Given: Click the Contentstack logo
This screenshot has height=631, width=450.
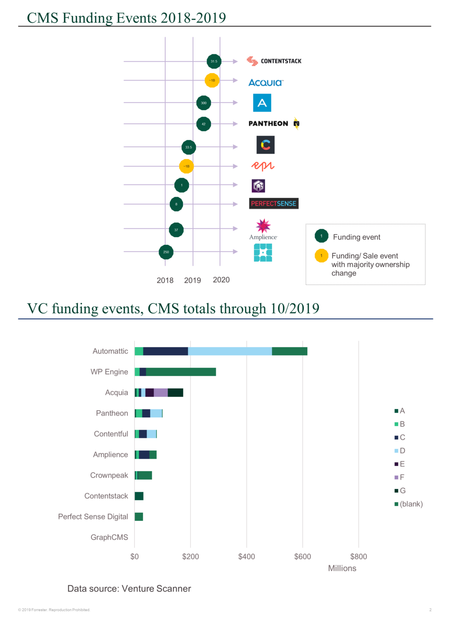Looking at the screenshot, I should [274, 61].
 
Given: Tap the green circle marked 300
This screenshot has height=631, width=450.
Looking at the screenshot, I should [203, 103].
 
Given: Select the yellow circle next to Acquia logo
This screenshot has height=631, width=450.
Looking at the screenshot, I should [212, 80].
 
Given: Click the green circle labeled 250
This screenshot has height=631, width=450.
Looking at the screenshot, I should [166, 252].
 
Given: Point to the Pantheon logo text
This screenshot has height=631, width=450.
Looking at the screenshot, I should [268, 124].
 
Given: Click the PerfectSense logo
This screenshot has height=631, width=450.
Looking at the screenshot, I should [274, 204].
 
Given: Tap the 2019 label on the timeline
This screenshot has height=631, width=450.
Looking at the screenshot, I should [192, 280].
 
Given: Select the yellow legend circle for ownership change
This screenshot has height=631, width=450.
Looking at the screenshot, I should [321, 256].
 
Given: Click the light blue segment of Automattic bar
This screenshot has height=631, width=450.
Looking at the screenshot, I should [230, 351].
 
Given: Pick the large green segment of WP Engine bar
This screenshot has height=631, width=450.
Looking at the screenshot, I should [181, 372].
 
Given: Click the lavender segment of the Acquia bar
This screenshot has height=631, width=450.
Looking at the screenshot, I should [161, 393].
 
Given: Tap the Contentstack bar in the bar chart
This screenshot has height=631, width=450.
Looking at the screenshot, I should [139, 496].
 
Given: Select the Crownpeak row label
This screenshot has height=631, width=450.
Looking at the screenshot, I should [109, 475].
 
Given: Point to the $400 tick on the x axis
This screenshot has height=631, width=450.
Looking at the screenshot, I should [247, 557].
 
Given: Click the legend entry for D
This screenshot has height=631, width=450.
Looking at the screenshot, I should [400, 451].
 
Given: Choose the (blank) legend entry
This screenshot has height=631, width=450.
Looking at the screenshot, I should [409, 504].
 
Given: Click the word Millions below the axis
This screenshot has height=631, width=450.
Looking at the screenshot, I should [342, 568].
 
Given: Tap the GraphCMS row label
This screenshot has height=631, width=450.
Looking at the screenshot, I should [110, 537].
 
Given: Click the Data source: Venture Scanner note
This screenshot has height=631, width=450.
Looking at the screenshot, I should [129, 589].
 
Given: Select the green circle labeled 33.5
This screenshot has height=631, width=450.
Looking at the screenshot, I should [189, 147].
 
